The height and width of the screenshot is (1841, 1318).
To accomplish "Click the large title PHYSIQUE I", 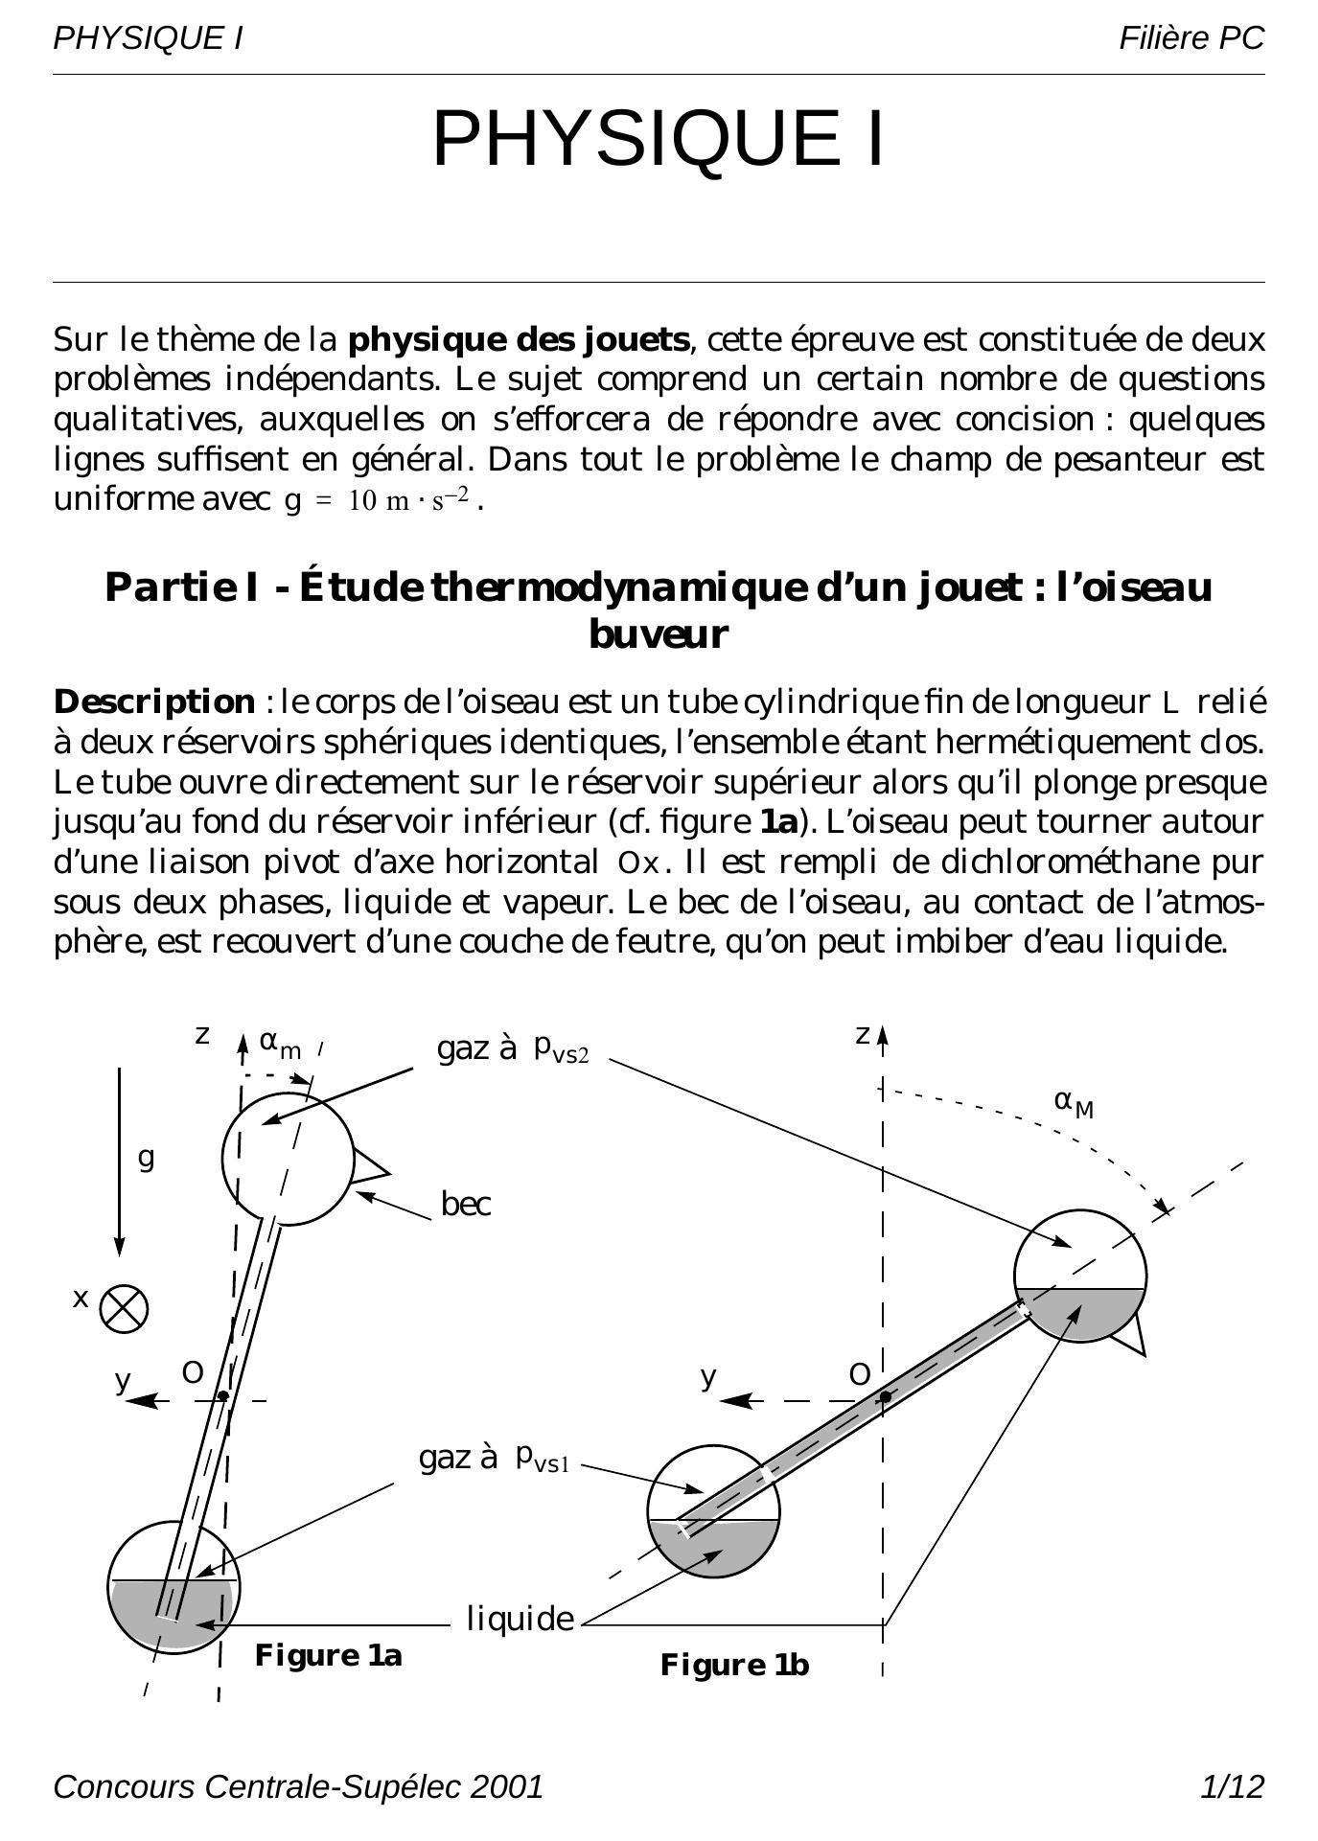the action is (x=659, y=139).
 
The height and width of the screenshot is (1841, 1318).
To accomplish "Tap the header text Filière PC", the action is (x=1191, y=38).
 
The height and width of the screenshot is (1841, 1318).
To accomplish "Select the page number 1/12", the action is (x=1232, y=1786).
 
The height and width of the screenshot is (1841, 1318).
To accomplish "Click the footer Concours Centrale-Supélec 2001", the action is (x=298, y=1786).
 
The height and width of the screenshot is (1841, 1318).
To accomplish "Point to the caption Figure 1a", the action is (x=328, y=1655).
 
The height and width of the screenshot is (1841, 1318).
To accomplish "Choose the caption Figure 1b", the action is (x=734, y=1665).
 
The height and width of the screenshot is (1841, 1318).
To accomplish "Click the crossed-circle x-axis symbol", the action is (x=125, y=1309).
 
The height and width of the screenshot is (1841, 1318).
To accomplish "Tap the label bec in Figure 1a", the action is (x=466, y=1204).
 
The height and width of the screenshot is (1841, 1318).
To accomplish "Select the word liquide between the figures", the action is (x=520, y=1619).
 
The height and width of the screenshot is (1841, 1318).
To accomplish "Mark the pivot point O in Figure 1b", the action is (x=886, y=1396).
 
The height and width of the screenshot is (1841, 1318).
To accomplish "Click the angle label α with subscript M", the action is (x=1074, y=1102).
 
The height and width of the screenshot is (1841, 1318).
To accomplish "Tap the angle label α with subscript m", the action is (x=280, y=1045).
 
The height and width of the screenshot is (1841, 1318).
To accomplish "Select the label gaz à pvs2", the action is (x=513, y=1048).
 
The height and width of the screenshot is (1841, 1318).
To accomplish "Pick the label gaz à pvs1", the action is (x=495, y=1458).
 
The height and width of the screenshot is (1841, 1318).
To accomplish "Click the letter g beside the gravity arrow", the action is (x=146, y=1158).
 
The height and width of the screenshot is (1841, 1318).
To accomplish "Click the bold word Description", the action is (x=154, y=702).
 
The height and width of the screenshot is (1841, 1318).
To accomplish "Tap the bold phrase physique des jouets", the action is (x=519, y=340).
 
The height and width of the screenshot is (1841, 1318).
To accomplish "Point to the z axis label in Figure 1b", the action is (x=862, y=1035).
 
